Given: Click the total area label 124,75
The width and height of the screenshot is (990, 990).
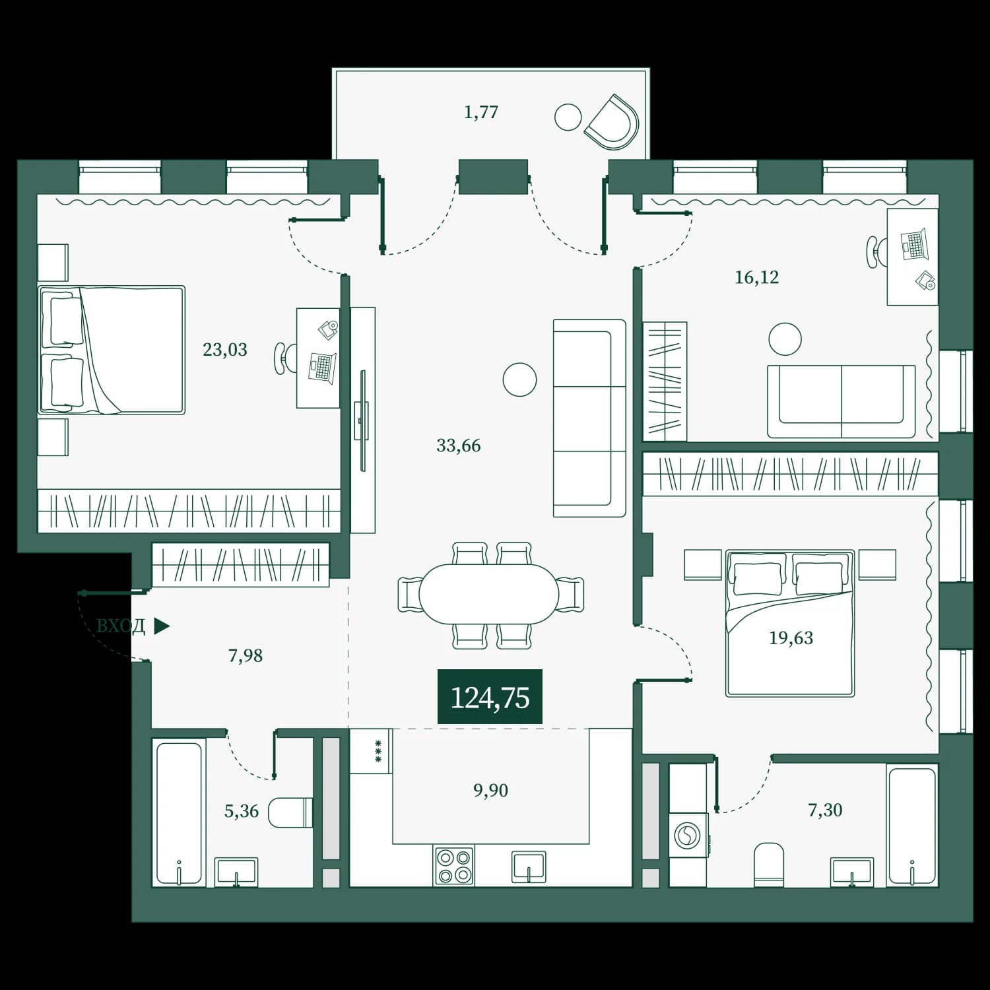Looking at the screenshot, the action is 490,698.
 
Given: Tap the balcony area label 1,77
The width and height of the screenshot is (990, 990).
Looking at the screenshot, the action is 480,112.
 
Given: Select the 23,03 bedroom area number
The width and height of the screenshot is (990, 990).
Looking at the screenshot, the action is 225,349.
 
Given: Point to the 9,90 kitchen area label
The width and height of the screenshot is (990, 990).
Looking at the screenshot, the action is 490,790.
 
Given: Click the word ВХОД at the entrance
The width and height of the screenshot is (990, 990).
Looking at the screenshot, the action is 121,626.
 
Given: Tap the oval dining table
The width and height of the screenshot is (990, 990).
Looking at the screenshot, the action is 489,593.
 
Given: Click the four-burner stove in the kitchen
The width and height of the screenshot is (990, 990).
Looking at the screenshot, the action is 454,866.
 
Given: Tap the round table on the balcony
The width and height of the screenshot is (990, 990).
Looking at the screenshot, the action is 568,117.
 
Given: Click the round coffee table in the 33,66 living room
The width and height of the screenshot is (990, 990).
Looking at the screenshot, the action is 519,379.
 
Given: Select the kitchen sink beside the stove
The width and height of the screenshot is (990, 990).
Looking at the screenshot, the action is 529,867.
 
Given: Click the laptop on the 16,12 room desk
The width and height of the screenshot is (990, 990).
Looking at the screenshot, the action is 915,245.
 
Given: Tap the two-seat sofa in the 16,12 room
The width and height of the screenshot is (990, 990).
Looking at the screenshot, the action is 841,401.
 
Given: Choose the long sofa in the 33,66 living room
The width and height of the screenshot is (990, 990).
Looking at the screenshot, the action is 589,418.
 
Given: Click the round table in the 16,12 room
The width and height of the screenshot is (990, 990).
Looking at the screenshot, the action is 785,339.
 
